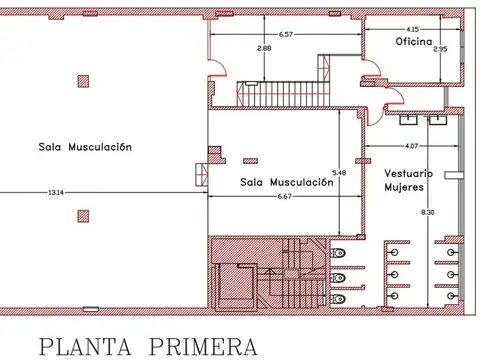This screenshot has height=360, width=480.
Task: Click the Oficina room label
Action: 412,42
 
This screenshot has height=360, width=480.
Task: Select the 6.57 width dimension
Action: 286,34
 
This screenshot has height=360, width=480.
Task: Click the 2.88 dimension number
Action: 263,48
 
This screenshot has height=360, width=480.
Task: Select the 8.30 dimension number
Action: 428,212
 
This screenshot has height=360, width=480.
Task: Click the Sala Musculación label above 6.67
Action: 286,182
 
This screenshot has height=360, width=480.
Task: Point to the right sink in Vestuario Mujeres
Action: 438,120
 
